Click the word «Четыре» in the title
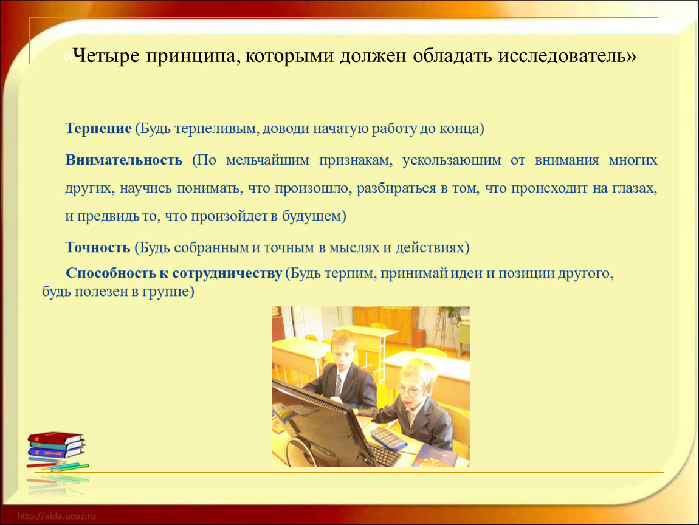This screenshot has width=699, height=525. [106, 56]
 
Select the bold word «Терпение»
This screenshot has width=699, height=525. [98, 128]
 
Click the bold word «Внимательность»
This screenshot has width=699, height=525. [124, 160]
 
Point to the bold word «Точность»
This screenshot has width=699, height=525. [98, 247]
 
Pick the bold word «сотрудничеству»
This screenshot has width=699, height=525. [227, 273]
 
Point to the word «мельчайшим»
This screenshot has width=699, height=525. [267, 160]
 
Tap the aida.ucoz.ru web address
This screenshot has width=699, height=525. [56, 516]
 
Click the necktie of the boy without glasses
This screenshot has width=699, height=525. [339, 385]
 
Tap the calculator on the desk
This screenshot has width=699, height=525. [387, 437]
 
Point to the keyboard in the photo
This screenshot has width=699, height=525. [382, 454]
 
